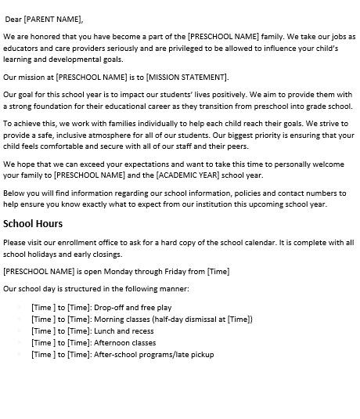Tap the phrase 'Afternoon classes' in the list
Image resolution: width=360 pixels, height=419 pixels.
125,343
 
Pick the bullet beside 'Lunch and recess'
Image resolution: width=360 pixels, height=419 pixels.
20,331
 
